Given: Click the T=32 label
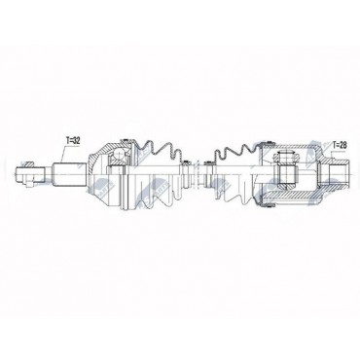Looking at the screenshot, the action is [73, 141].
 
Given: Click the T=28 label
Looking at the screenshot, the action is [339, 145].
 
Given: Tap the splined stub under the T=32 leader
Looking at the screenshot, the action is [70, 174].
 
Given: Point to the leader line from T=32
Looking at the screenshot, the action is [64, 155].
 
